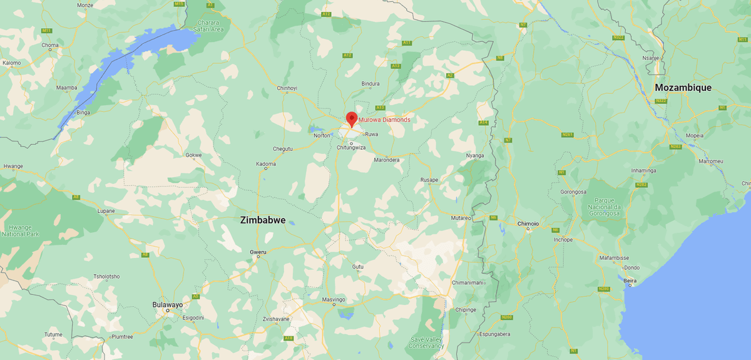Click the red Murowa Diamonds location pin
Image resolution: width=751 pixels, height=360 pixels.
tap(352, 118)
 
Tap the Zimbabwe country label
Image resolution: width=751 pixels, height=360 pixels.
tap(263, 220)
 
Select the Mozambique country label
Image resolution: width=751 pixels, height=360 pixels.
tap(683, 88)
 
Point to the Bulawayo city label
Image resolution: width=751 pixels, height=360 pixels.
tap(168, 305)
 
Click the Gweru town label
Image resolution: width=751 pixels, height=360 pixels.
tap(258, 252)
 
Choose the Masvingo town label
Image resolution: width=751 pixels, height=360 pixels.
tap(334, 299)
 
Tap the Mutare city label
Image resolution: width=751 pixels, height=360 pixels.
tap(460, 218)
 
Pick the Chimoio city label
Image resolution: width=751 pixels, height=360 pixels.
tap(528, 224)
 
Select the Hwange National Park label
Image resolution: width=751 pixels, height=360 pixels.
tap(21, 230)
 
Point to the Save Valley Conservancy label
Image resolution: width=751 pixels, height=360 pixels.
tap(427, 342)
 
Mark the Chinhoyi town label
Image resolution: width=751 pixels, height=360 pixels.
tap(287, 88)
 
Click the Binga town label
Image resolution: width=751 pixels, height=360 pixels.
tap(83, 113)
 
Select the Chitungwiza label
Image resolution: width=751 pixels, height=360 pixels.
tap(351, 148)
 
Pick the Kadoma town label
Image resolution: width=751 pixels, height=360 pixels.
tap(266, 164)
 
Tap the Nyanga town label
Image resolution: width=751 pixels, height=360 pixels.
tap(475, 155)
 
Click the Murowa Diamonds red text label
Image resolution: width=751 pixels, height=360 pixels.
tap(384, 120)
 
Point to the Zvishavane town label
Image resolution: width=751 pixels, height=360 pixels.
tap(276, 319)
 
